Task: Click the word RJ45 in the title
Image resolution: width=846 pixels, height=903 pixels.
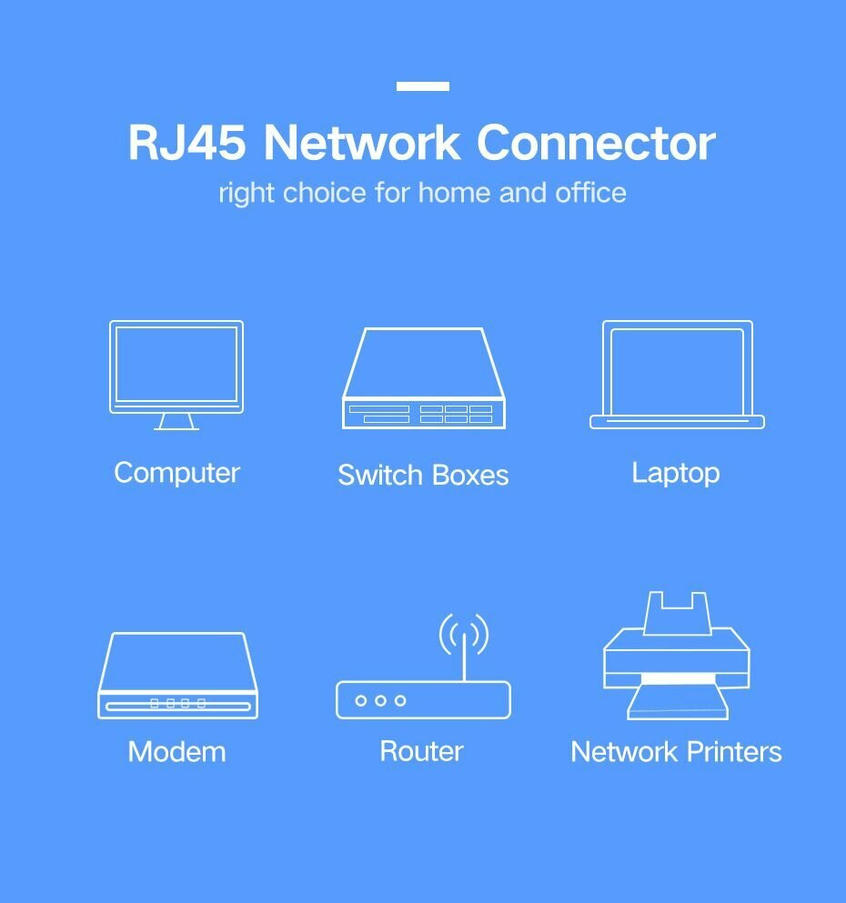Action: tap(186, 142)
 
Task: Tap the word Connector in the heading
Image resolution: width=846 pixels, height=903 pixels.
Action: tap(596, 142)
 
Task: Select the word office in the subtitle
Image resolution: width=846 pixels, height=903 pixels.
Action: tap(591, 193)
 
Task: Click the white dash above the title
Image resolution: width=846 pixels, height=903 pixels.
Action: tap(423, 86)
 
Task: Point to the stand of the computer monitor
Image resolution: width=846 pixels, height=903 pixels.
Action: tap(176, 422)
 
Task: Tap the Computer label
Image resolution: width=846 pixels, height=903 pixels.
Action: tap(176, 474)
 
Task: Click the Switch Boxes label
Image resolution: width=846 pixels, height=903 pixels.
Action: tap(423, 475)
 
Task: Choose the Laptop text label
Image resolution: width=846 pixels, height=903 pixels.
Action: tap(676, 474)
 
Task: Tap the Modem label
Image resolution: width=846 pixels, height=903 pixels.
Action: tap(176, 751)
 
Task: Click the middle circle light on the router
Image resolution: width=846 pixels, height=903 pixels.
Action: tap(380, 701)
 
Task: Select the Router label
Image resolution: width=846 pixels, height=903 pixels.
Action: tap(421, 751)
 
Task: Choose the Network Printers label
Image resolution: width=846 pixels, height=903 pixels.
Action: tap(676, 751)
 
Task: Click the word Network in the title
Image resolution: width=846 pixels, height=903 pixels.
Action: tap(362, 142)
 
